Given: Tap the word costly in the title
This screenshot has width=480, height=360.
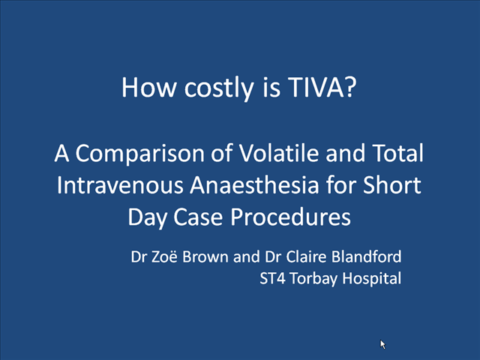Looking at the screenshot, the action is coord(219,88).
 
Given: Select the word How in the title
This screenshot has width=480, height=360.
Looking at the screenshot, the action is coord(149,87).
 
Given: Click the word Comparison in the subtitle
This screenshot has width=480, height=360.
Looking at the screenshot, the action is coord(140,154).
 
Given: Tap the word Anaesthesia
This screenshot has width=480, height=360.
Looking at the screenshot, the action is coord(254,185).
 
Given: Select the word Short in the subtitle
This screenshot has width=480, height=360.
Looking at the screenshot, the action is coord(391,185).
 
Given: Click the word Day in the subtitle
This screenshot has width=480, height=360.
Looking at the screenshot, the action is coord(147,218).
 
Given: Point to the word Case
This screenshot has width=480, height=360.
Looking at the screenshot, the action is coord(198,217).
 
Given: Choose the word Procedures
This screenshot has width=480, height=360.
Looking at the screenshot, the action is coord(290,217).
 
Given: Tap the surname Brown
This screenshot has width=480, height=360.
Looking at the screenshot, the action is coord(205,256).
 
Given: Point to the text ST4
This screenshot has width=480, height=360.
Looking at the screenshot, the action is coord(272,278).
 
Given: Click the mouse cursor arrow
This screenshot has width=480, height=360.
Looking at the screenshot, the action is coord(382,344).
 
